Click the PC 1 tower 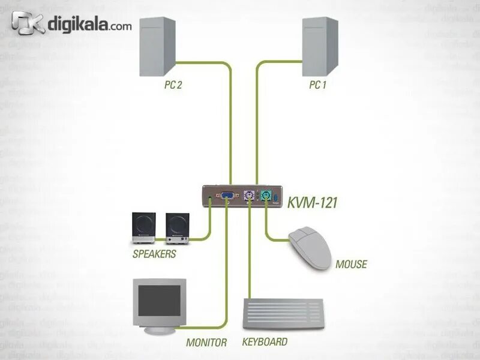[320, 45]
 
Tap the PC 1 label [317, 85]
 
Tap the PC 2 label [173, 85]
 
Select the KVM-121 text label [312, 203]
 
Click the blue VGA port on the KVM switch [227, 196]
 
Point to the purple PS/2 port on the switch [249, 196]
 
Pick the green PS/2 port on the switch [266, 196]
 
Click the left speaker [145, 228]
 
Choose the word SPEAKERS [154, 254]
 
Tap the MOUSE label [351, 264]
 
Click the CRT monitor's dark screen [158, 299]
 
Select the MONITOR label [206, 343]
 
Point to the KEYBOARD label [265, 342]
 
